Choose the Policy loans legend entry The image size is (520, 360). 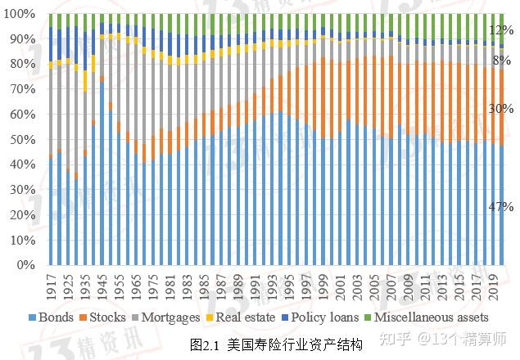tap(305, 317)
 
